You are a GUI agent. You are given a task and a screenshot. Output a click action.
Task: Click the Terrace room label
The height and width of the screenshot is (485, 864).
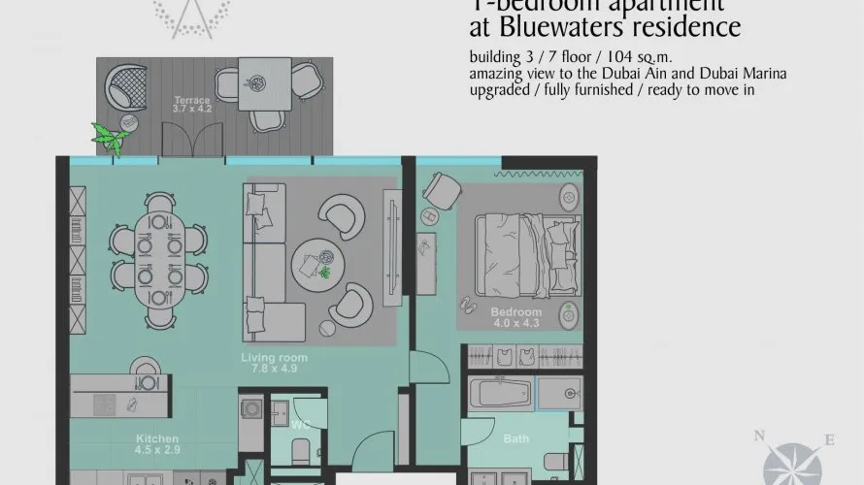point(192,100)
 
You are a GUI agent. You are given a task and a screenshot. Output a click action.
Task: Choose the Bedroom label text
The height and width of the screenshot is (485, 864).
point(515,311)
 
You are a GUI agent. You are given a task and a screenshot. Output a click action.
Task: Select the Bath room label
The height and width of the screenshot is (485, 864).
point(515,439)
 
